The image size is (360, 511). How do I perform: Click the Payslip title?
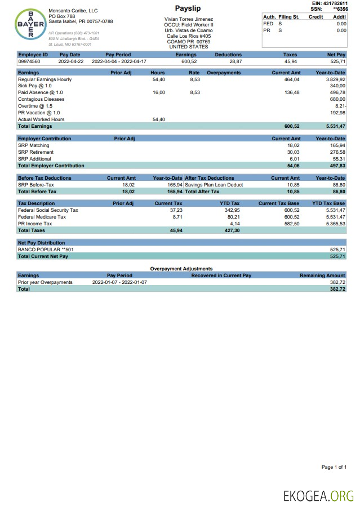(188, 8)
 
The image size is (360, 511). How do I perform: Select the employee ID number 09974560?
(30, 61)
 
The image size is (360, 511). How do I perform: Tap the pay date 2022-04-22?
(70, 61)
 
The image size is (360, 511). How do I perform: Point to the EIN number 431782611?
(333, 3)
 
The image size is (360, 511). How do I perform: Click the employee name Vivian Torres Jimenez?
(188, 19)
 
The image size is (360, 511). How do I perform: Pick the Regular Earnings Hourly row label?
(45, 79)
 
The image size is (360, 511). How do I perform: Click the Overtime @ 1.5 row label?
(35, 106)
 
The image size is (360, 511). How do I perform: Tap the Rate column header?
(194, 73)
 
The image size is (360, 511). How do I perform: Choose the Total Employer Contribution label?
(51, 166)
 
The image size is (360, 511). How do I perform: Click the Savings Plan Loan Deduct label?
(214, 185)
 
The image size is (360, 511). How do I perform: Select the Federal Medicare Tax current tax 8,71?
(177, 217)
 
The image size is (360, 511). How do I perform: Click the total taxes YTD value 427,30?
(232, 230)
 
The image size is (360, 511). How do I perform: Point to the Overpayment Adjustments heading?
(181, 269)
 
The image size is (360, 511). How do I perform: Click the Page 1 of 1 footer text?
(334, 467)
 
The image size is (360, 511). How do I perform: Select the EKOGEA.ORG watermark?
(318, 496)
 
